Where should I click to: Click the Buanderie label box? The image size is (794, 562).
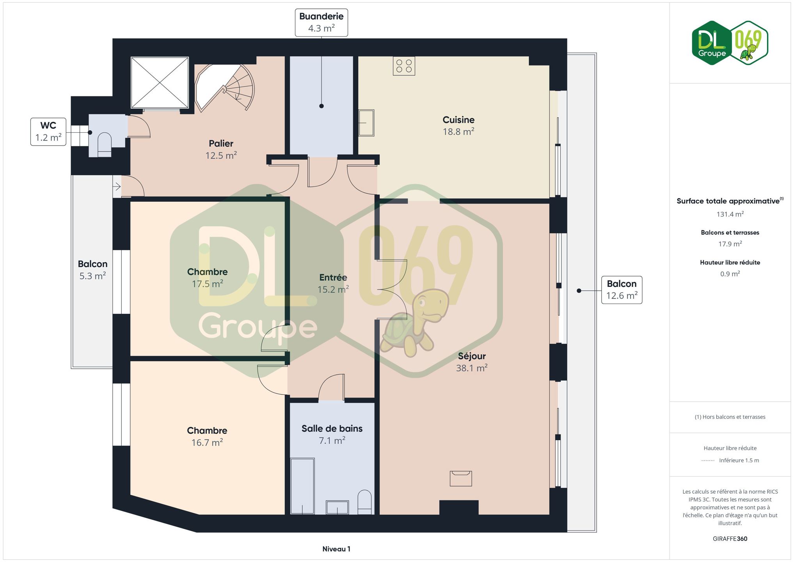[x=321, y=23]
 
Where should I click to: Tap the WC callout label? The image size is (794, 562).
[x=48, y=132]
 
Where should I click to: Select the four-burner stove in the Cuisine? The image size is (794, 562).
[x=404, y=66]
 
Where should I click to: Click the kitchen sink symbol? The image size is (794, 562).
[x=366, y=123]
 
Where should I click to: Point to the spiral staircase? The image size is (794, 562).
[x=224, y=87]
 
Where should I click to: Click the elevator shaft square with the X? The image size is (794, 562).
[x=160, y=82]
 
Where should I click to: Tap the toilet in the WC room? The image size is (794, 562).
[x=104, y=144]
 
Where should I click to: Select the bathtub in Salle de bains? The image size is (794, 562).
[x=302, y=486]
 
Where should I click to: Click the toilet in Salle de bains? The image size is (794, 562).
[x=365, y=502]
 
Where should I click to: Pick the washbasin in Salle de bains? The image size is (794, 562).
[x=337, y=507]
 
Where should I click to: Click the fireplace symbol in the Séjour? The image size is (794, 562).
[x=461, y=478]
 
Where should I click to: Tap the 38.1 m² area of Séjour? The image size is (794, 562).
[x=472, y=368]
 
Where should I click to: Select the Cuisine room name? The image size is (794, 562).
[x=458, y=120]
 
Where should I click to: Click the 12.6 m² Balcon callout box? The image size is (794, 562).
[x=622, y=290]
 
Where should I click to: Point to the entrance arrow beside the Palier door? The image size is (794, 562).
[x=117, y=187]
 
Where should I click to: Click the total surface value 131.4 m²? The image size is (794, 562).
[x=730, y=214]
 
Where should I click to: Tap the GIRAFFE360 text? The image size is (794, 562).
[x=730, y=539]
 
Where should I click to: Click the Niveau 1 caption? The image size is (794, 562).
[x=336, y=549]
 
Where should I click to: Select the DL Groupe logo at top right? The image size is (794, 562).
[x=730, y=43]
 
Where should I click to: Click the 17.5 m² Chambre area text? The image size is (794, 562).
[x=207, y=284]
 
